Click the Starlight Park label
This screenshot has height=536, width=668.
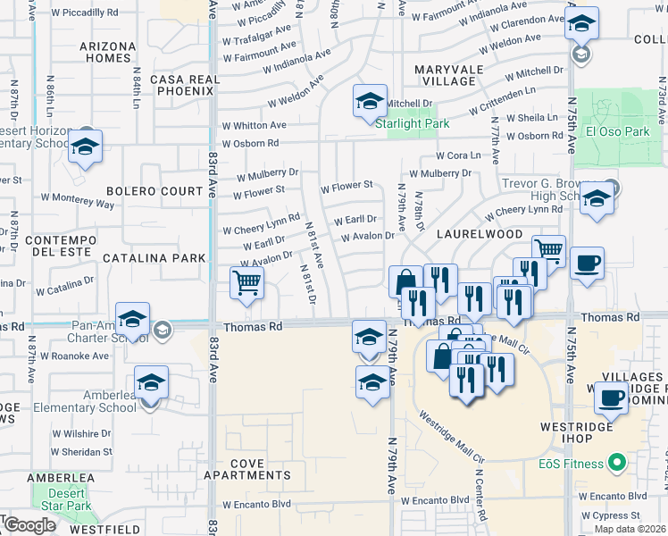[412, 124]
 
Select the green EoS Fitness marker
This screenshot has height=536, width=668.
[616, 463]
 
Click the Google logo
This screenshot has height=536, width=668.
[29, 525]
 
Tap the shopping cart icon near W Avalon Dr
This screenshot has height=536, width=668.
[246, 283]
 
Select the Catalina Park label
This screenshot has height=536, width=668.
[154, 257]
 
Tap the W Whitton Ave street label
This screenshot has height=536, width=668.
[255, 126]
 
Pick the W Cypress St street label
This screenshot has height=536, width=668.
[612, 515]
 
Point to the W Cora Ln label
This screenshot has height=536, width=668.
[457, 155]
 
